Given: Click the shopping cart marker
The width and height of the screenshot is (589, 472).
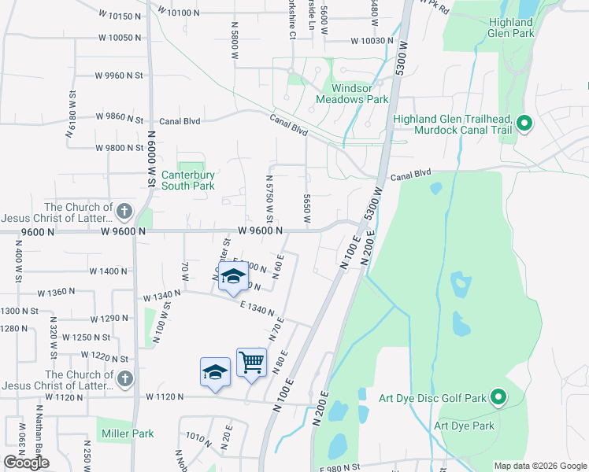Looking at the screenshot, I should click(251, 363).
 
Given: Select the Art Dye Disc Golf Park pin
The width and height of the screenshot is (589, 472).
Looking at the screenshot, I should click(498, 398).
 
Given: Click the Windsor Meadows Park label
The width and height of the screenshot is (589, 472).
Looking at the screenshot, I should click(352, 94).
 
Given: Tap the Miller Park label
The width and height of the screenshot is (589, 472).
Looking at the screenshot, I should click(127, 433).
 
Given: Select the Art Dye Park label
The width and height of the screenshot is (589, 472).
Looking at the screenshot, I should click(464, 426).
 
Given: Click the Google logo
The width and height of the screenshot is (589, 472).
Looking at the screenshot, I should click(26, 463).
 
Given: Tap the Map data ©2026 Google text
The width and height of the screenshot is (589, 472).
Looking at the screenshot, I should click(540, 466).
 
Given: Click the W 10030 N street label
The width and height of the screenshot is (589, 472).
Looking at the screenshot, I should click(372, 41).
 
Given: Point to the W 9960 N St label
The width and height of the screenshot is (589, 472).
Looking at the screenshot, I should click(118, 76).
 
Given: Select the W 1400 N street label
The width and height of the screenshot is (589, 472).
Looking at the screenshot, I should click(109, 271).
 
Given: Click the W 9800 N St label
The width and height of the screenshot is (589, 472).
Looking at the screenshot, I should click(119, 147).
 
